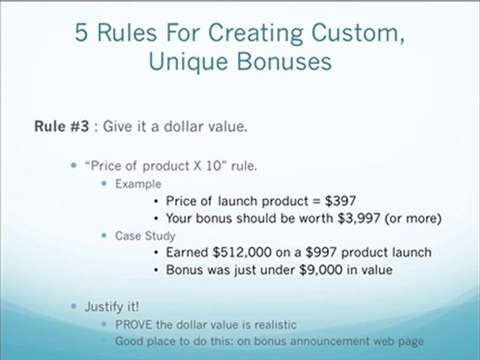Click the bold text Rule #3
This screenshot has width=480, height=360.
[x=62, y=126]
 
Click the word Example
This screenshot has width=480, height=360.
[x=138, y=183]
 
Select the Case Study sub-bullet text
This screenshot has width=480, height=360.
[x=145, y=235]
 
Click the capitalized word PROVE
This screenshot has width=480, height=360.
[x=133, y=324]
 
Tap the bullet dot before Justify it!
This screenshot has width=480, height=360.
[x=75, y=305]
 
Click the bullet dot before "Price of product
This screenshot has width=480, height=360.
[x=75, y=165]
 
